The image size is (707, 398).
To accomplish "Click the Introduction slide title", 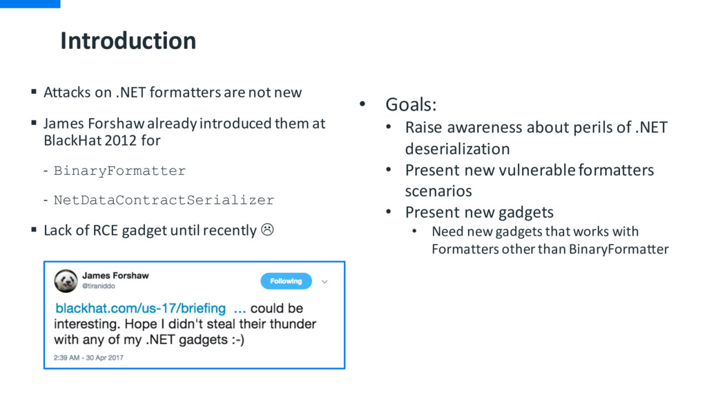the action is tap(128, 41).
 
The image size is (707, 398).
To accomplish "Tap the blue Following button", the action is tap(286, 281).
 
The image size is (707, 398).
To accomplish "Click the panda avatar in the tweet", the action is tap(66, 281).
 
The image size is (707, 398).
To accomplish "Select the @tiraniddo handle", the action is tap(98, 286).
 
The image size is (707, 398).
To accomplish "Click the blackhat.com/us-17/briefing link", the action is tap(140, 308).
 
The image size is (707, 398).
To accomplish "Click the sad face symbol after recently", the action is tap(267, 229).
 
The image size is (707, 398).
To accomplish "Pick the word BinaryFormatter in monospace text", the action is tap(119, 171).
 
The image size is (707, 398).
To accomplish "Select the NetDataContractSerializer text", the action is tap(164, 200).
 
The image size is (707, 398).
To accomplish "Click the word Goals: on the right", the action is tap(411, 105).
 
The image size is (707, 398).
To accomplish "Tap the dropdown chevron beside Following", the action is tap(325, 282).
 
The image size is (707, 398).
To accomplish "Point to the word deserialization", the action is tap(457, 149).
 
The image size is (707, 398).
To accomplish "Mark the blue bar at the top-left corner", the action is tap(30, 3).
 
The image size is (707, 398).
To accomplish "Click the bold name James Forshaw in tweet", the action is tap(115, 275).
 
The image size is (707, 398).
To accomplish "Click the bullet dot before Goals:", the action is tap(362, 104).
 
